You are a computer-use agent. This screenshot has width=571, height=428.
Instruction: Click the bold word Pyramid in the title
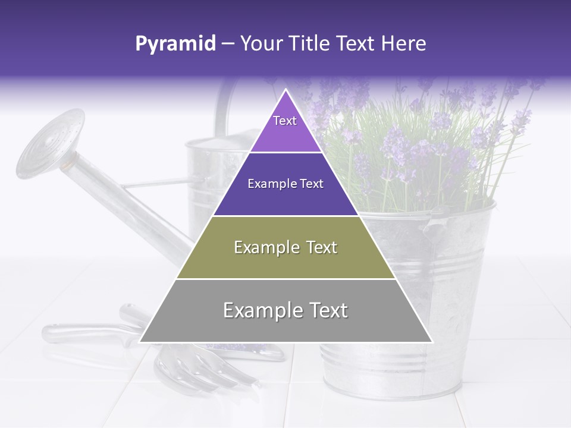175,44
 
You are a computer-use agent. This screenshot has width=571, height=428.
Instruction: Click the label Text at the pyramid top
285,121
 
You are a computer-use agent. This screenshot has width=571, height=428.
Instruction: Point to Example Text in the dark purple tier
285,184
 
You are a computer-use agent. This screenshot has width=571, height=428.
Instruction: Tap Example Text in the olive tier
285,247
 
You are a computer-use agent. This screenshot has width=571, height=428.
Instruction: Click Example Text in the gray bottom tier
285,310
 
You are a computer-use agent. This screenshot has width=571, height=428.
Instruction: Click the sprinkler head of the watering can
48,143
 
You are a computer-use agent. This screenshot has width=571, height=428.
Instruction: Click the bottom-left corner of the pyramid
140,342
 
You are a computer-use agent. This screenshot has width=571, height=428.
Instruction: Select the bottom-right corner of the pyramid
432,342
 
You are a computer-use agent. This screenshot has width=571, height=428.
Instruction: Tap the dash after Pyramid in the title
228,44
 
